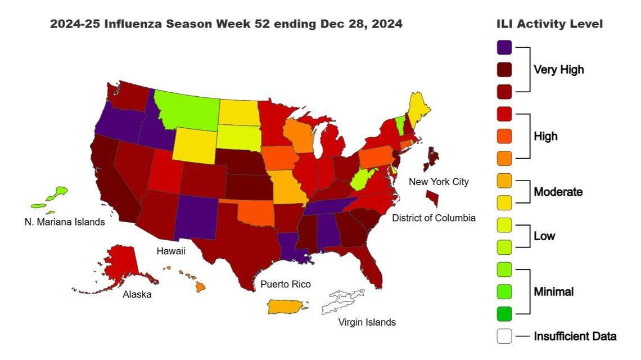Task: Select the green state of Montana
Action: point(186,107)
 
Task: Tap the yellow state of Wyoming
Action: point(194,143)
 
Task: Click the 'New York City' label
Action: point(438,182)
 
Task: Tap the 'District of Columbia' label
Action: point(434,218)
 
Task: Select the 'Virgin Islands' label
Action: point(367,322)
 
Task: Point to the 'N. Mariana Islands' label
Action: point(65,222)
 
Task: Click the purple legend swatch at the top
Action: point(504,47)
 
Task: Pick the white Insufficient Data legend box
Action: point(504,336)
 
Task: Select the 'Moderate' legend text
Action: point(558,192)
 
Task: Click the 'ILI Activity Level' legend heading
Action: point(549,24)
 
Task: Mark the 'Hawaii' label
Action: point(171,251)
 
